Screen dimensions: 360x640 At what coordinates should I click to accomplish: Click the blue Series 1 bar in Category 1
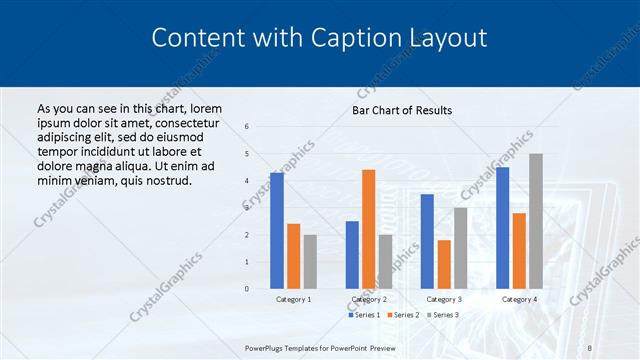277,231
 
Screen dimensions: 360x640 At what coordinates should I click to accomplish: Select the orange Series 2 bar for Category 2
369,229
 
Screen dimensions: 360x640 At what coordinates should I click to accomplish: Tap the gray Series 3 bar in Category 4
536,221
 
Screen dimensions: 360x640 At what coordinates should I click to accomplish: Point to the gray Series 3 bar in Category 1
310,262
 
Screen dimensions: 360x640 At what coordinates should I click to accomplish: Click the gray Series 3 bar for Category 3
461,248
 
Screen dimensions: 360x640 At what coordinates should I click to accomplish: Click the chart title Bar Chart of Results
402,110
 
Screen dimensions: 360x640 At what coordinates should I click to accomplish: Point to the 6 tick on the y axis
247,126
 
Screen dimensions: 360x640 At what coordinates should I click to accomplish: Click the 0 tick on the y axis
247,289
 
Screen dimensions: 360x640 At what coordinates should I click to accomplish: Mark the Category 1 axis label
293,299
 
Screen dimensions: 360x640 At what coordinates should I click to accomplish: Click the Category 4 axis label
519,299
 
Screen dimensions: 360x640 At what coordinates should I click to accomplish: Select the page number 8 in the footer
590,347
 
